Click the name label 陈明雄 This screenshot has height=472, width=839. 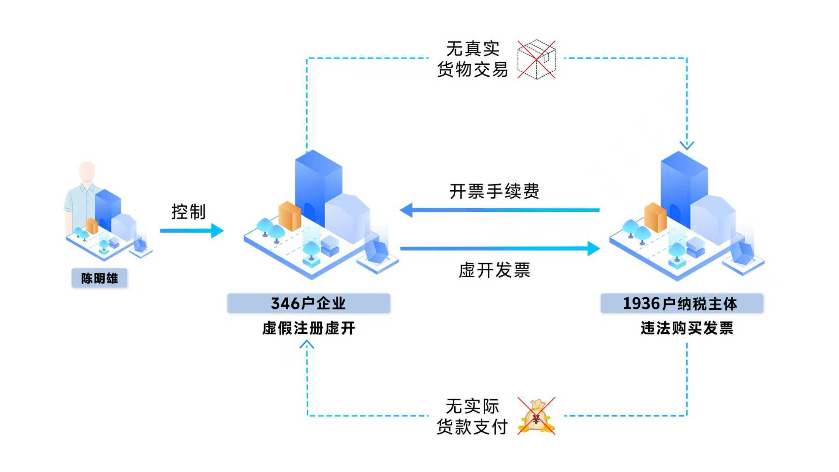[99, 278]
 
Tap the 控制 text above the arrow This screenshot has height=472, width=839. [188, 212]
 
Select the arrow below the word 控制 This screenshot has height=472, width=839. [192, 231]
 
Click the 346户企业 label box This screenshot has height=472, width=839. [309, 303]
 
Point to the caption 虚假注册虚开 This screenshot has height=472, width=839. [309, 328]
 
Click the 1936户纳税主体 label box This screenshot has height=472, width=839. [681, 303]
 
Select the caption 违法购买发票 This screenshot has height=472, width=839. [687, 328]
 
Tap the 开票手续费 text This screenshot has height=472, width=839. [494, 191]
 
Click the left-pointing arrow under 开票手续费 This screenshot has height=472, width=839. [499, 210]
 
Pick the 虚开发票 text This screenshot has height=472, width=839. [494, 270]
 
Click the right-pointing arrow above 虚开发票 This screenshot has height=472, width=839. [499, 249]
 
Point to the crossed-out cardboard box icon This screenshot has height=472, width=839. [536, 59]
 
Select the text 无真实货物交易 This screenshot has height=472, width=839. [473, 59]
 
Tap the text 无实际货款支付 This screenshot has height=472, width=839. [473, 416]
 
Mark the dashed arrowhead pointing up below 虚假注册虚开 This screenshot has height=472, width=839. [307, 345]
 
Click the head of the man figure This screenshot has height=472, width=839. [87, 171]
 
